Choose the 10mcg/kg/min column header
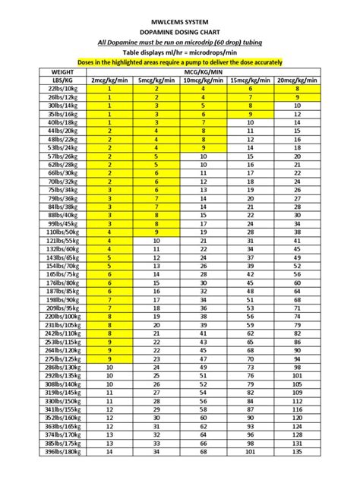204,79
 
